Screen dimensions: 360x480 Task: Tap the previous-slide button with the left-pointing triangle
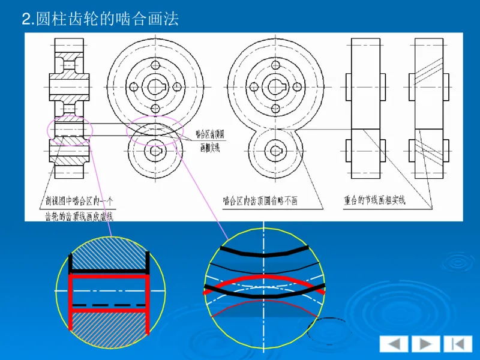(x=394, y=344)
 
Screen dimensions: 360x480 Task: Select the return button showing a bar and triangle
(x=457, y=344)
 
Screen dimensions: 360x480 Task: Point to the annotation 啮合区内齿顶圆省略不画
(x=259, y=201)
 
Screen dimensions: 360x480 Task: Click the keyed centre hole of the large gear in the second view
(x=155, y=86)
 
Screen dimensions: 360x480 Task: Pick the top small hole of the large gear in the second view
(x=155, y=65)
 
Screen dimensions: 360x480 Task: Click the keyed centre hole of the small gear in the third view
(x=276, y=149)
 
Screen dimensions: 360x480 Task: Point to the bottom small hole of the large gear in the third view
(x=276, y=108)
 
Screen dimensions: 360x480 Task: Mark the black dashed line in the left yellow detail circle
(x=109, y=305)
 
